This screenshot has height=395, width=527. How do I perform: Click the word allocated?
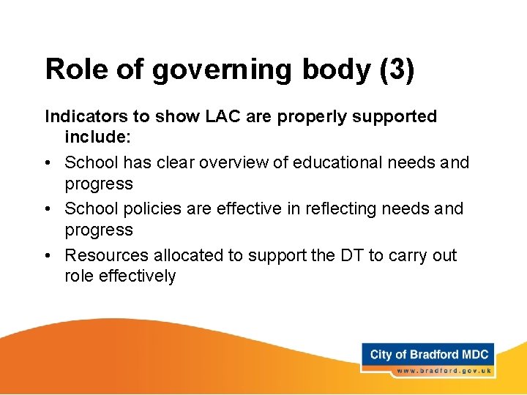176,255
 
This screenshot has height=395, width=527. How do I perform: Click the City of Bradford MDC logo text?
429,355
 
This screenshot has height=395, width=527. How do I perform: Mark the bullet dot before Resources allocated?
49,255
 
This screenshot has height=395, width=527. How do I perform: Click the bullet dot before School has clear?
49,162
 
